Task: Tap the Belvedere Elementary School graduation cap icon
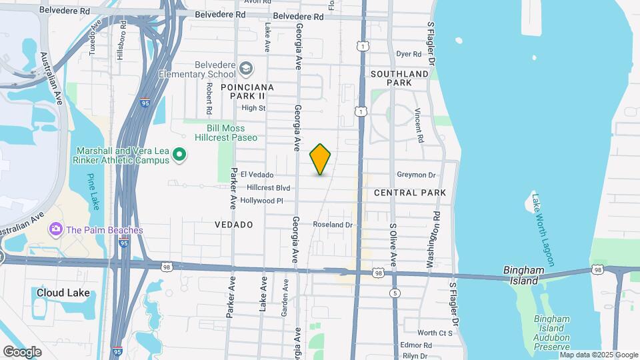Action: tap(247, 68)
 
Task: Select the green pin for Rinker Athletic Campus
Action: tap(179, 155)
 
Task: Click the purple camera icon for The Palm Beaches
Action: tap(55, 230)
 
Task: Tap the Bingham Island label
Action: tap(525, 275)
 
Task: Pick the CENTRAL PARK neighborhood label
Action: tap(409, 193)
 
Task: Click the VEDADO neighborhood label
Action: tap(233, 225)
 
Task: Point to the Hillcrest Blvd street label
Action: tap(269, 188)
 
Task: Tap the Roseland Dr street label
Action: tap(333, 225)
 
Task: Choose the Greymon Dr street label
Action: tap(416, 175)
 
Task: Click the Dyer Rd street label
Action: tap(409, 54)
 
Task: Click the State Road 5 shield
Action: tap(395, 293)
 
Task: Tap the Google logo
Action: tap(22, 351)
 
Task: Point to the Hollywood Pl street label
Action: tap(262, 200)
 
